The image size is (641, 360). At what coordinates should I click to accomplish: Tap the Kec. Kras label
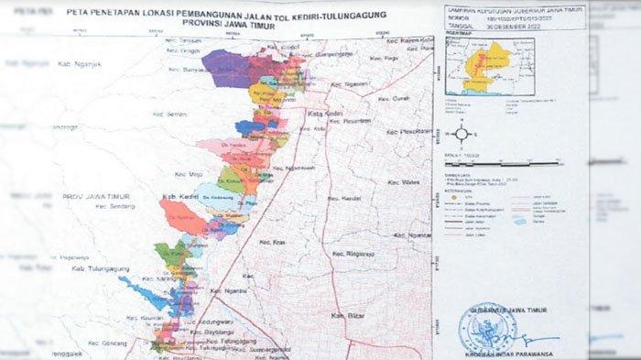[x=275, y=243]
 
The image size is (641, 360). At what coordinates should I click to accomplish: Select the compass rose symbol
[x=462, y=134]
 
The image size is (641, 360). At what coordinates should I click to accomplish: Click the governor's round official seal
[x=485, y=325]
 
